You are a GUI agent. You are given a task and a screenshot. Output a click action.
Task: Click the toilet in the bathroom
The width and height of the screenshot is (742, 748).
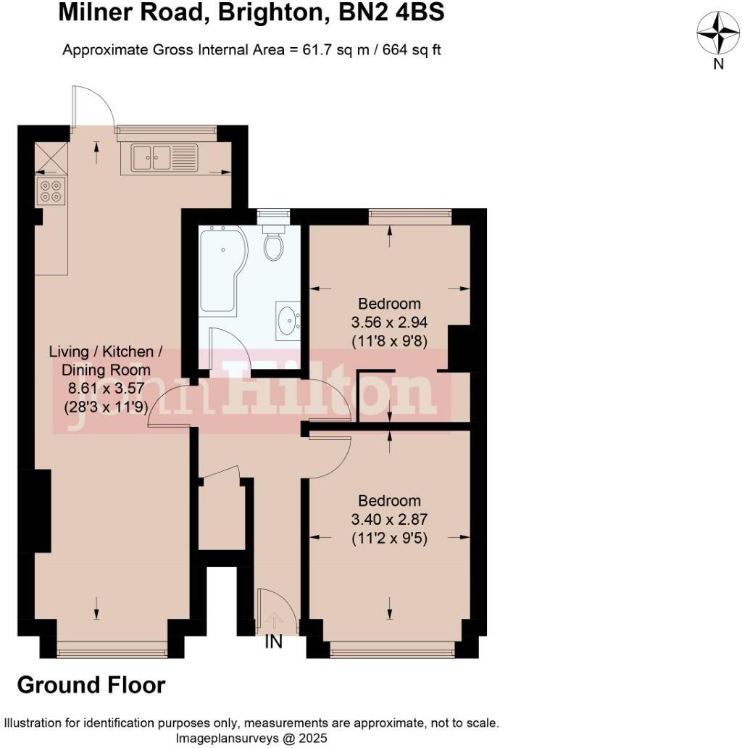pos(273,243)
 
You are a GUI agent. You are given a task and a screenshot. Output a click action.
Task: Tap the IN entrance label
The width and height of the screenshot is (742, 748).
pos(274,642)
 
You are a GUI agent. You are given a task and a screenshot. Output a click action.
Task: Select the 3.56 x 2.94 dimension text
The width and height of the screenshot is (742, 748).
pos(389,322)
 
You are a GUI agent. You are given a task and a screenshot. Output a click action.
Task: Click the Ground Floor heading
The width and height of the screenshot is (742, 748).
pos(91,685)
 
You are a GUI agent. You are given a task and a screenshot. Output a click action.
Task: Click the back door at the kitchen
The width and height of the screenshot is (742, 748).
pos(93,109)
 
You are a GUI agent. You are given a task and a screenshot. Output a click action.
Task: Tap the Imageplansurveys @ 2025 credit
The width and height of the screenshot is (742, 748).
pos(251,738)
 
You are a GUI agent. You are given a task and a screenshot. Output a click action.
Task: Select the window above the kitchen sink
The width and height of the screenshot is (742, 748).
pos(166,130)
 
